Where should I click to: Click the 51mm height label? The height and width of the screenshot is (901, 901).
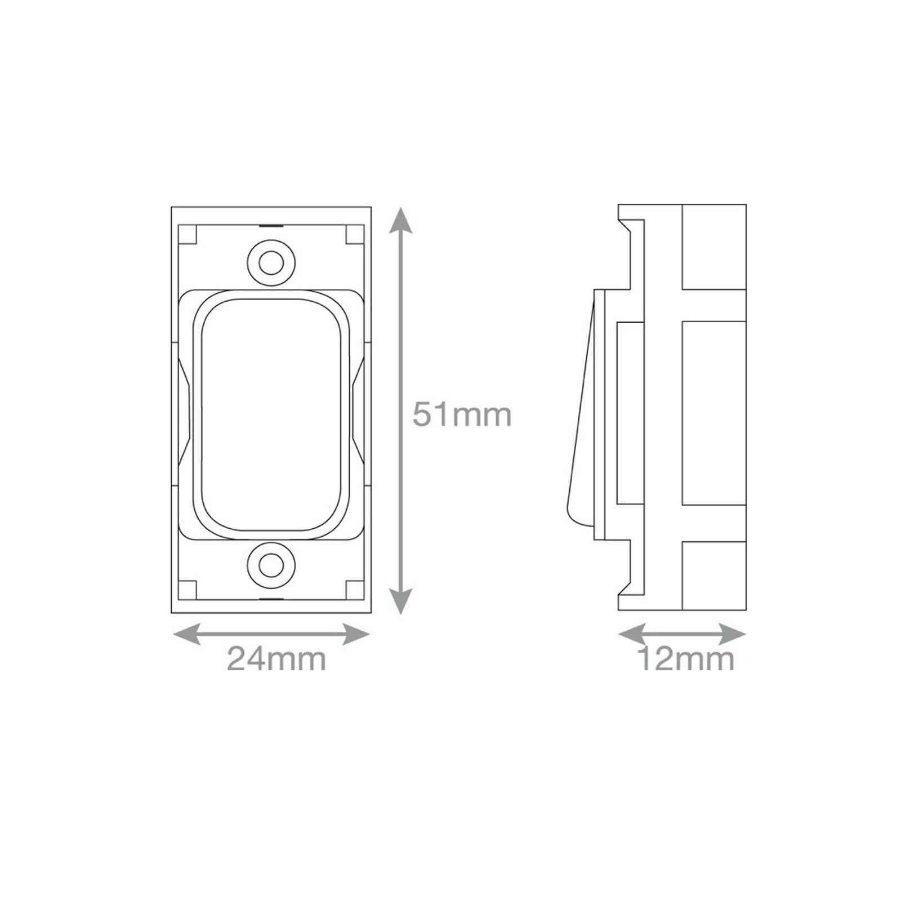tap(462, 415)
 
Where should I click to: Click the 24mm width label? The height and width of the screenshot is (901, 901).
tap(276, 659)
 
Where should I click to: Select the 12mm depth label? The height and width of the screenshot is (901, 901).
tap(686, 659)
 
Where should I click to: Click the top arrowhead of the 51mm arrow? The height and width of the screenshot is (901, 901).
tap(400, 220)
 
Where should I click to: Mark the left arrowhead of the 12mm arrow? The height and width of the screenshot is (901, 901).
tap(632, 634)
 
